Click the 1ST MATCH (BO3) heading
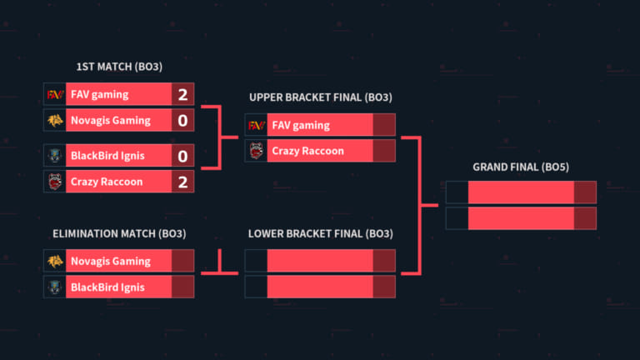(119, 67)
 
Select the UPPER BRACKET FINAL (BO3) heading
(320, 97)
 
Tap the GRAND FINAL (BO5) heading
(521, 167)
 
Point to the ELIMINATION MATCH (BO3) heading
(119, 233)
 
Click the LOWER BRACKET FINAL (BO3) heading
(320, 233)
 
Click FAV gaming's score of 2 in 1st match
(182, 94)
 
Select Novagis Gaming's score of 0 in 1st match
(182, 120)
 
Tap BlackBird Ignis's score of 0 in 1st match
(182, 156)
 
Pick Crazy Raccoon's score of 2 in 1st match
(182, 182)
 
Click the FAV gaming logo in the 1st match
(55, 95)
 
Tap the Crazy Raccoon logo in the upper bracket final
(257, 151)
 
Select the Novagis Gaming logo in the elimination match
(55, 261)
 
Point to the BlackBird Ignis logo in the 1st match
(55, 156)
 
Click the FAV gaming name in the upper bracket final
(301, 125)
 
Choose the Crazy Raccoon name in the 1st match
(107, 182)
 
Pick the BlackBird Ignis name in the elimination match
(107, 287)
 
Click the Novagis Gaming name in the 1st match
(111, 120)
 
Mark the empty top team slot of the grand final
(521, 192)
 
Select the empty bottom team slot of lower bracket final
(320, 287)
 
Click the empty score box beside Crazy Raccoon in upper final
(384, 151)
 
